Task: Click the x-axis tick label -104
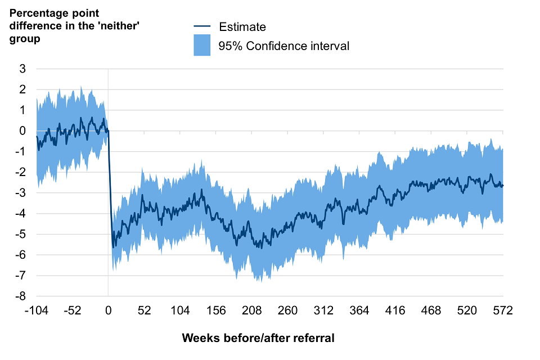click(37, 311)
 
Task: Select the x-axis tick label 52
click(145, 311)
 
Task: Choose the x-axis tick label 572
click(502, 311)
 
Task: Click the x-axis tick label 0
click(109, 311)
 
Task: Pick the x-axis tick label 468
click(431, 311)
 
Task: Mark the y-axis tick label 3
click(23, 69)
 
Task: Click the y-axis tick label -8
click(21, 296)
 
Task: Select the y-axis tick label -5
click(21, 234)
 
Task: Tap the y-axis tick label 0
click(23, 131)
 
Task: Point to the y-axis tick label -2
click(21, 172)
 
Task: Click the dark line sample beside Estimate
click(202, 26)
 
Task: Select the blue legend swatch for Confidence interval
click(202, 46)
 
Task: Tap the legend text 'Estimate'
click(242, 26)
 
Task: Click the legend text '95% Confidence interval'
click(284, 46)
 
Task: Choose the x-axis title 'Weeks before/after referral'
click(258, 338)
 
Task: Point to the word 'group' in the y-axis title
click(24, 39)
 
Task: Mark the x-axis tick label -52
click(73, 311)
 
